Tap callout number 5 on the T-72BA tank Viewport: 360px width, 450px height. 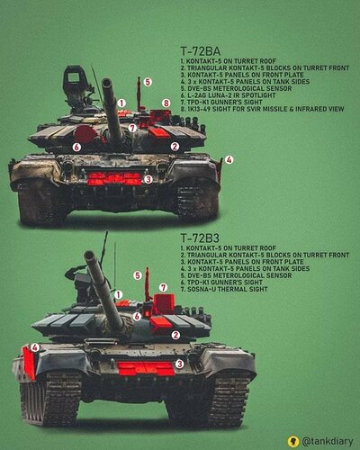148,82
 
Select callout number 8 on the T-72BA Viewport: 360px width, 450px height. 166,103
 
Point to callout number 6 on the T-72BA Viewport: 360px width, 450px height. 76,147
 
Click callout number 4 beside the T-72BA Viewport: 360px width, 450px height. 229,159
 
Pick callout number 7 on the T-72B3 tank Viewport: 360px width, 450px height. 163,288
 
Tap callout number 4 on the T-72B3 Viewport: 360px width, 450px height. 35,347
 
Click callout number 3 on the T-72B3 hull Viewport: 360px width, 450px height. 179,364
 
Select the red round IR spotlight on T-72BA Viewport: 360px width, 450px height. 85,134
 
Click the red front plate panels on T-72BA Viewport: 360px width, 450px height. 114,179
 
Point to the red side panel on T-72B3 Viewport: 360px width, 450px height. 29,363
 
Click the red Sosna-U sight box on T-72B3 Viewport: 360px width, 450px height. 164,304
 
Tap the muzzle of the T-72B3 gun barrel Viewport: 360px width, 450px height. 89,256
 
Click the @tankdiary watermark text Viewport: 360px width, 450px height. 328,441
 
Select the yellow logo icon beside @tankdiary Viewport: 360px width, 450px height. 292,441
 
